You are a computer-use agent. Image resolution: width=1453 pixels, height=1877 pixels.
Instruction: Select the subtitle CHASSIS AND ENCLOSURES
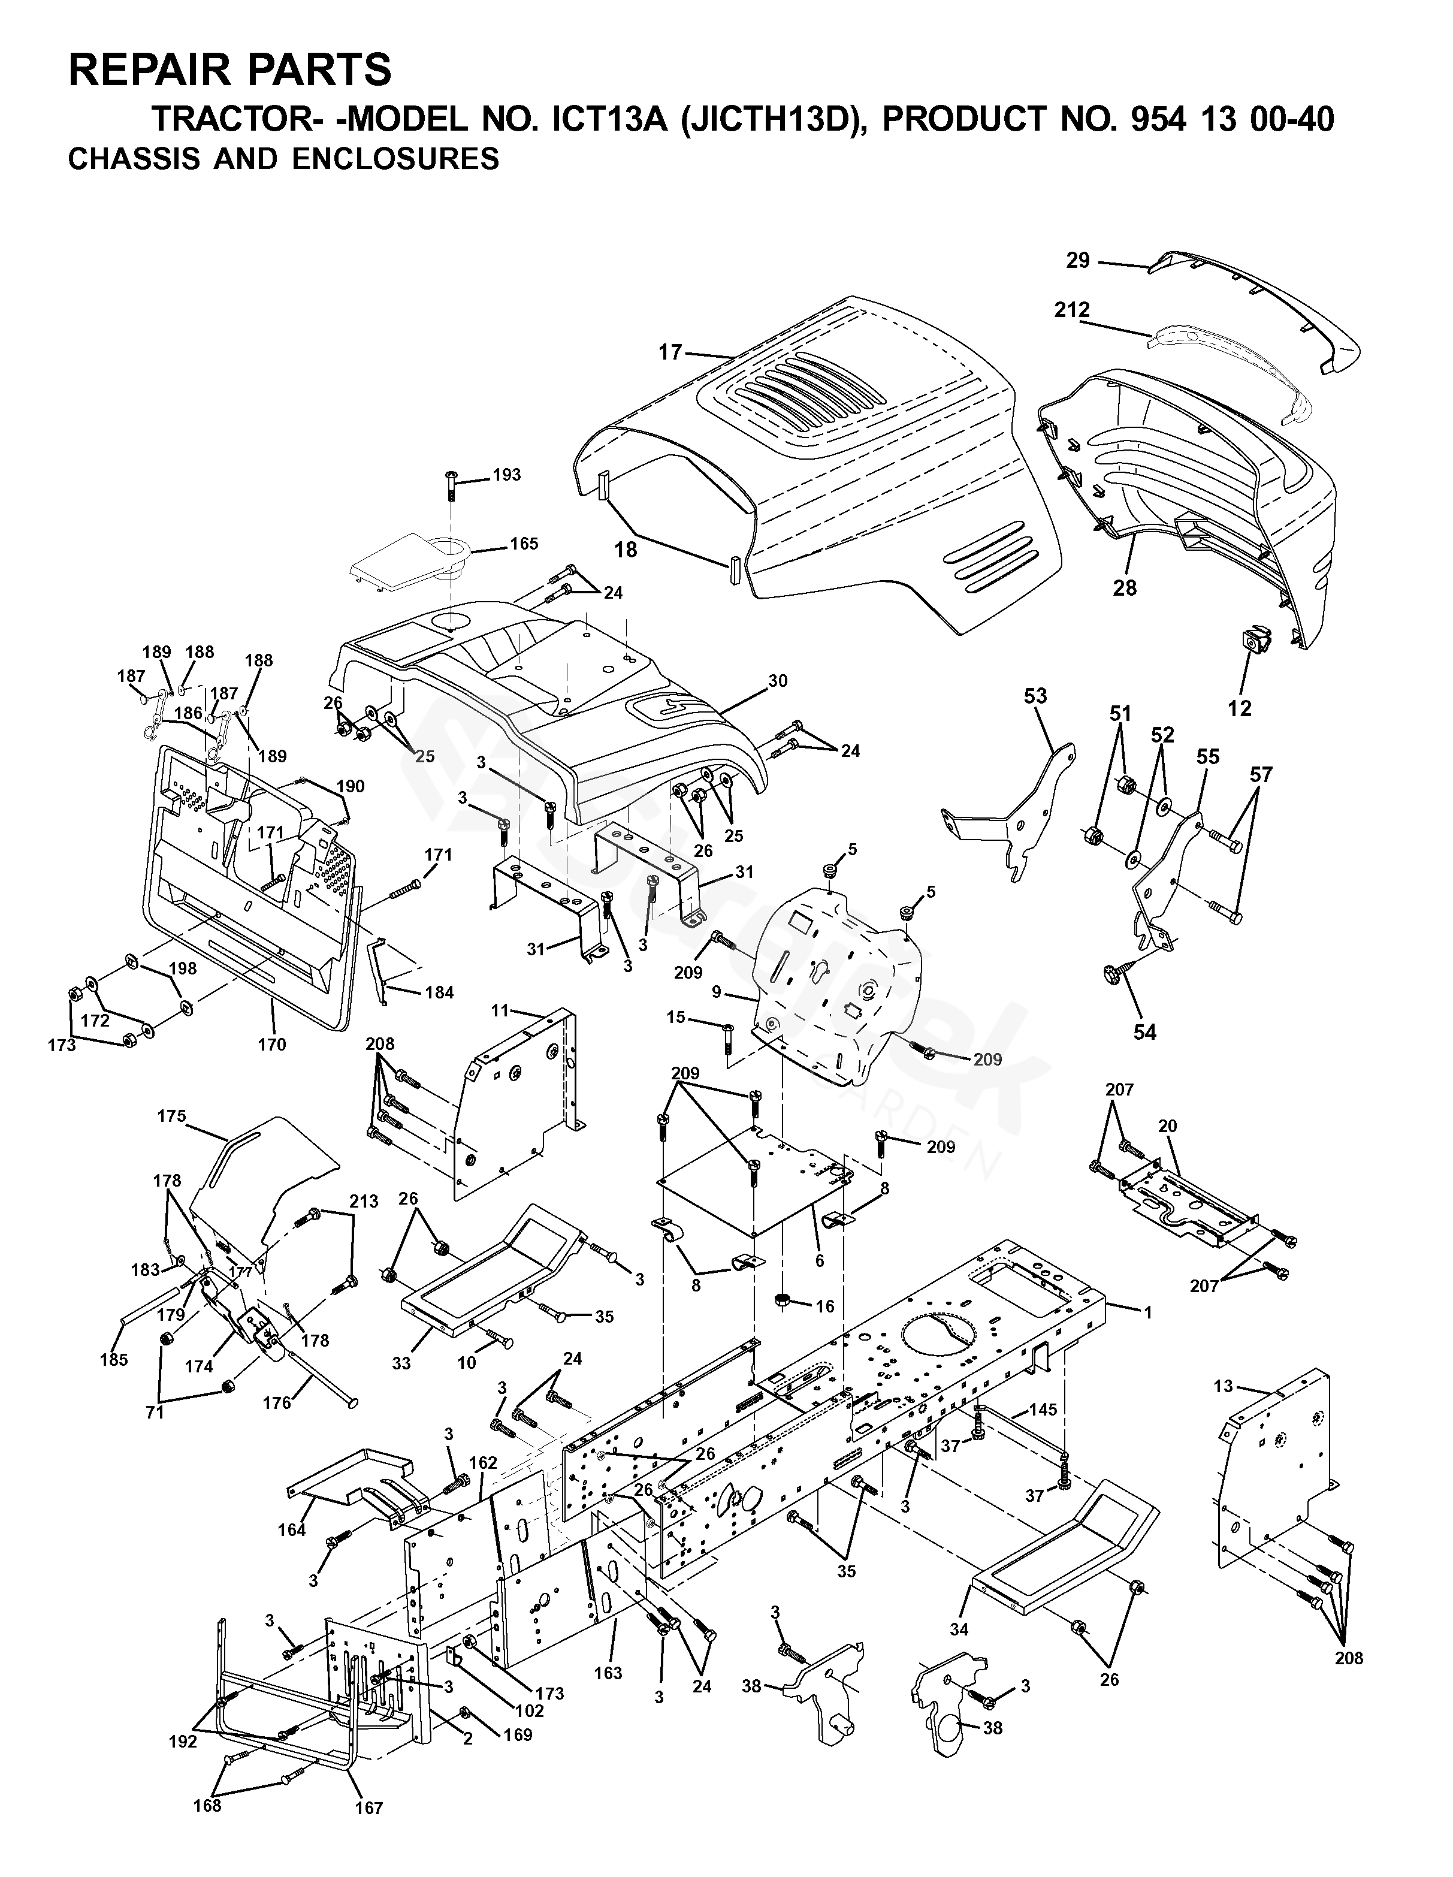(x=283, y=159)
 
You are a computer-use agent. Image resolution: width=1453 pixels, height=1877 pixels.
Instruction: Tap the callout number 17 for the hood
(x=670, y=352)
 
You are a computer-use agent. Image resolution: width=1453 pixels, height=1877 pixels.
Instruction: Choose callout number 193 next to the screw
(x=506, y=475)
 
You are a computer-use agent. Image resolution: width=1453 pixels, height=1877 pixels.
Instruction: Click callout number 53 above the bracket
(x=1035, y=696)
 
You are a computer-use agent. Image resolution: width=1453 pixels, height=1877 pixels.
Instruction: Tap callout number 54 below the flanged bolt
(x=1144, y=1031)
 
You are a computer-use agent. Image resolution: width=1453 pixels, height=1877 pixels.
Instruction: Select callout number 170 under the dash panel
(x=273, y=1045)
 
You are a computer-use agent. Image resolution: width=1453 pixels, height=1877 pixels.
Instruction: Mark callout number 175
(x=172, y=1116)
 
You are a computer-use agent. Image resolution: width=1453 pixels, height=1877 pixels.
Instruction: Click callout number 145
(x=1043, y=1410)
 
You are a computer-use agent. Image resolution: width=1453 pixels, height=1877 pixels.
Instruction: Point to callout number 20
(x=1167, y=1126)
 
